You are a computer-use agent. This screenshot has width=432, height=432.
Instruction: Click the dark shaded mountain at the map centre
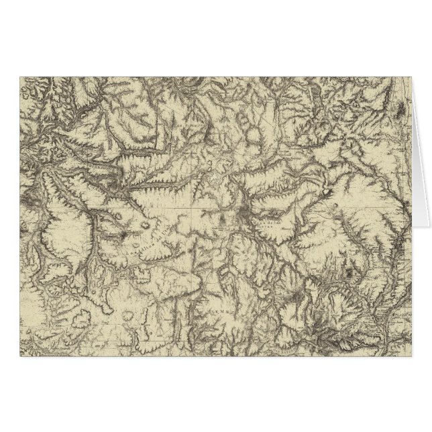coord(243,216)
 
